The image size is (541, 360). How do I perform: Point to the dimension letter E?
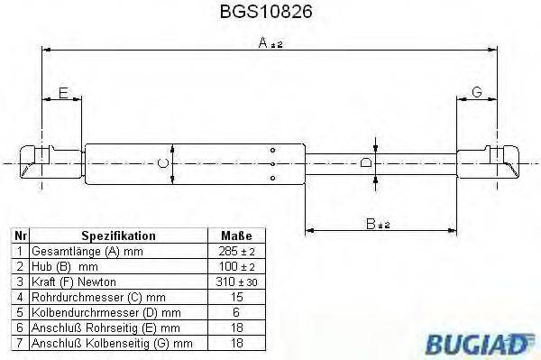[x=62, y=94]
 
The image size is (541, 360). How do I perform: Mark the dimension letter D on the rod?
[x=365, y=162]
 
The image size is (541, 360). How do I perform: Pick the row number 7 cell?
[x=20, y=343]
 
